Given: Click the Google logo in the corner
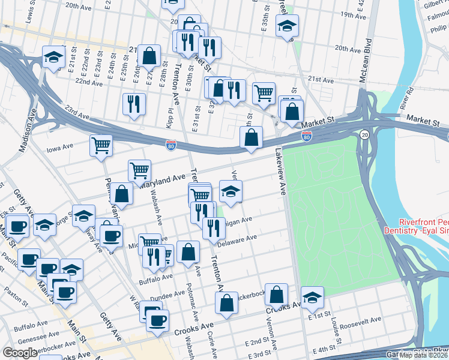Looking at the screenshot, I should [x=20, y=353].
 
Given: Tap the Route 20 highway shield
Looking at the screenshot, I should [x=364, y=136].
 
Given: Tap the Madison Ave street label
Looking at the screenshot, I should [x=28, y=130].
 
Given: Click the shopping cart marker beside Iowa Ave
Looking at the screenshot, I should [x=101, y=145].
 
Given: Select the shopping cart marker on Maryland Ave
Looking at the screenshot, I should [x=140, y=170].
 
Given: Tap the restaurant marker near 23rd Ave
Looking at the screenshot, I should [x=134, y=103].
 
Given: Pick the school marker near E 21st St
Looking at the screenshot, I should [x=54, y=57].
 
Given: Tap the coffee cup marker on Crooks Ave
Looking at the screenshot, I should [x=158, y=319].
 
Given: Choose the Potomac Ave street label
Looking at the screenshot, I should [x=190, y=296].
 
